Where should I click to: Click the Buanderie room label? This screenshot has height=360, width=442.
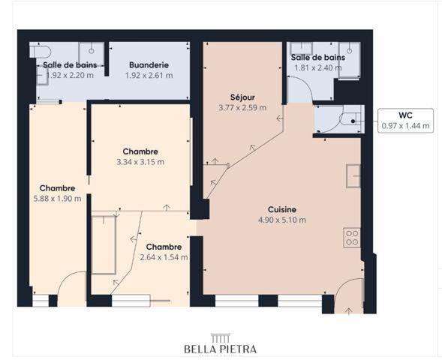148,64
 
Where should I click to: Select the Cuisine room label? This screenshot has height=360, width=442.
282,209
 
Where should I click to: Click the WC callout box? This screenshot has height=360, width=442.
405,120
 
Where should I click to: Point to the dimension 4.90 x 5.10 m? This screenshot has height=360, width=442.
282,220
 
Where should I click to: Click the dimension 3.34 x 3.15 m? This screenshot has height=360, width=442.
140,161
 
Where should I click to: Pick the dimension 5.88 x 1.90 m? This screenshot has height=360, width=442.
57,199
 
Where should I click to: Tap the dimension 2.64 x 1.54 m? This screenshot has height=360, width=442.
164,257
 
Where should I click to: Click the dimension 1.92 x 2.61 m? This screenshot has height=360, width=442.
148,75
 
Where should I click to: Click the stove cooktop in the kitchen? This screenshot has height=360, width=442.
351,238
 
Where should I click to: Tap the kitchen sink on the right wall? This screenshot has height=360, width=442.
352,175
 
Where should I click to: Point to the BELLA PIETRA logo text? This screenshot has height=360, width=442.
221,349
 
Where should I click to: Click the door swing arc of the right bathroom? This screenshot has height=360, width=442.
301,88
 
